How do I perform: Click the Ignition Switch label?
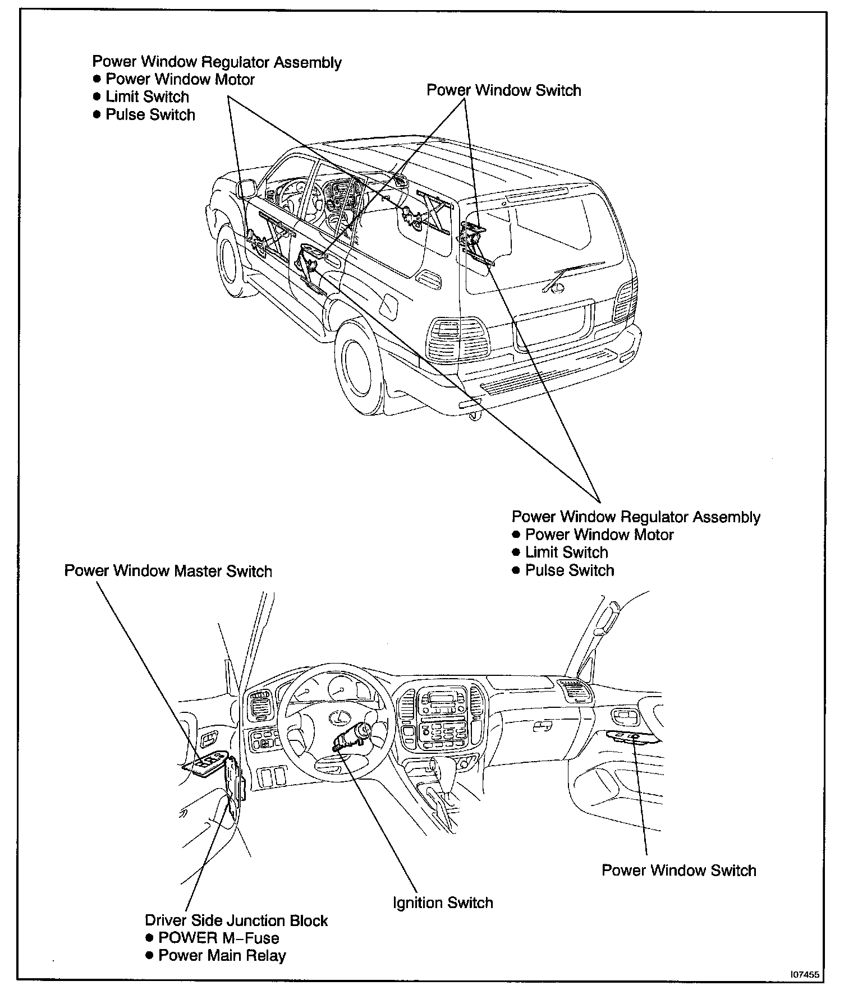(443, 902)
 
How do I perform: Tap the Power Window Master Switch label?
(168, 571)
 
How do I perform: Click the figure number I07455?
(805, 991)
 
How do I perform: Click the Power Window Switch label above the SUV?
(503, 90)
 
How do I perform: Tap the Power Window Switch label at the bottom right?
(678, 870)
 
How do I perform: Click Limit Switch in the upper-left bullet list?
(147, 96)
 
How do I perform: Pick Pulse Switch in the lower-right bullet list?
(569, 570)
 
